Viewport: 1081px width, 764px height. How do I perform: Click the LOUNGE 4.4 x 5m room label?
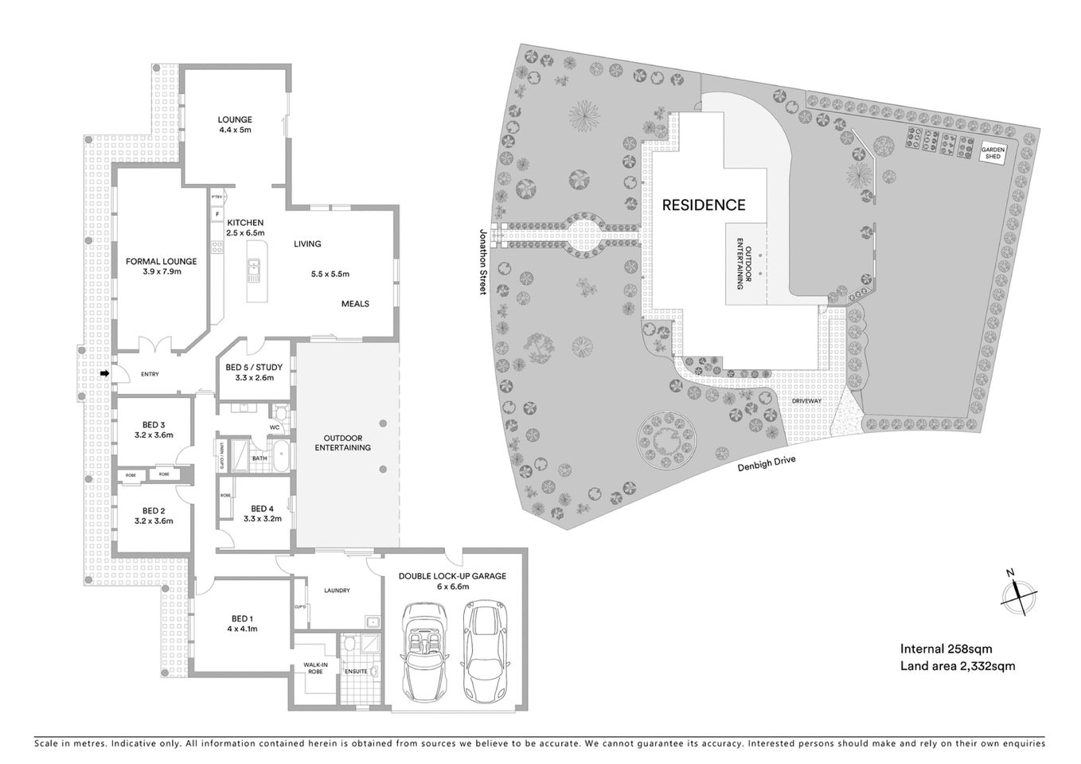pyautogui.click(x=235, y=125)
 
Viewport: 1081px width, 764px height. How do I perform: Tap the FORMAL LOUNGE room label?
pyautogui.click(x=161, y=266)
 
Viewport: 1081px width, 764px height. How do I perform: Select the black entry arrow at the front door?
pyautogui.click(x=105, y=373)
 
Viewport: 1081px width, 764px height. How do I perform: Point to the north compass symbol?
pyautogui.click(x=1017, y=594)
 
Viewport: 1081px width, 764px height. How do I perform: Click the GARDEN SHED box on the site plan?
pyautogui.click(x=992, y=153)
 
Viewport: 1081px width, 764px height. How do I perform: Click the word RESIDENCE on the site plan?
pyautogui.click(x=704, y=205)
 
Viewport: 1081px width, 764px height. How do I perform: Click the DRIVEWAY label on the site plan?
pyautogui.click(x=806, y=401)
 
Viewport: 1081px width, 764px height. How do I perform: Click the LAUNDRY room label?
pyautogui.click(x=337, y=591)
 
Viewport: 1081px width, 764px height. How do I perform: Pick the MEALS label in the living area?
pyautogui.click(x=355, y=303)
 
